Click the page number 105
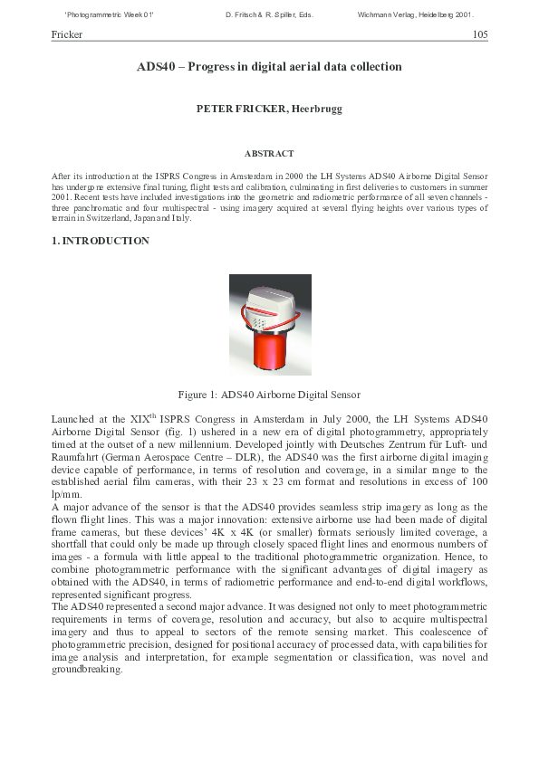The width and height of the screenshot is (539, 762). click(x=480, y=34)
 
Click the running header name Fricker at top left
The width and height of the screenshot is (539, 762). click(x=67, y=34)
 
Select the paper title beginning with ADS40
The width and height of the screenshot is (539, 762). click(x=269, y=67)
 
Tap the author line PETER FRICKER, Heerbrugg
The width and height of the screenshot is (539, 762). click(x=269, y=109)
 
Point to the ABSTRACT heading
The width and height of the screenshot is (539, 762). click(x=269, y=154)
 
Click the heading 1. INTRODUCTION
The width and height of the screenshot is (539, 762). click(x=101, y=242)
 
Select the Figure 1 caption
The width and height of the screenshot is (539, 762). click(x=269, y=395)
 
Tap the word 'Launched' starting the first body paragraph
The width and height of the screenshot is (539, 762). click(x=73, y=419)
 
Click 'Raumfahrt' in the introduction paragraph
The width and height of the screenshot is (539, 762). click(x=77, y=457)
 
